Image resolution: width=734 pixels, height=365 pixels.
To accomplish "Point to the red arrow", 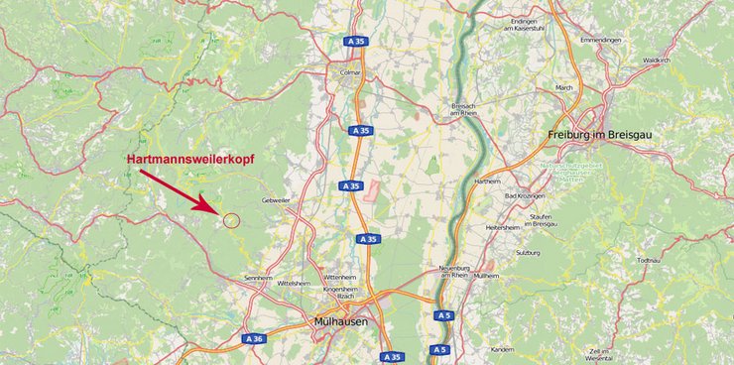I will coord(180,191).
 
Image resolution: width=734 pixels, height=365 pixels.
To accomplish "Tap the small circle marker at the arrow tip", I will coord(231,219).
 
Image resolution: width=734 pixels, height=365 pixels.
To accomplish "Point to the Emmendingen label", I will coord(601,39).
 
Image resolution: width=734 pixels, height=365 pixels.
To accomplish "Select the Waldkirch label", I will coord(657,60).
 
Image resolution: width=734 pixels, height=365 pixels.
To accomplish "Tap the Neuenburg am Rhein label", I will coord(460,273).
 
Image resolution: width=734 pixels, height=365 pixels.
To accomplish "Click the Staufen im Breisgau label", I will coord(544,219).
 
